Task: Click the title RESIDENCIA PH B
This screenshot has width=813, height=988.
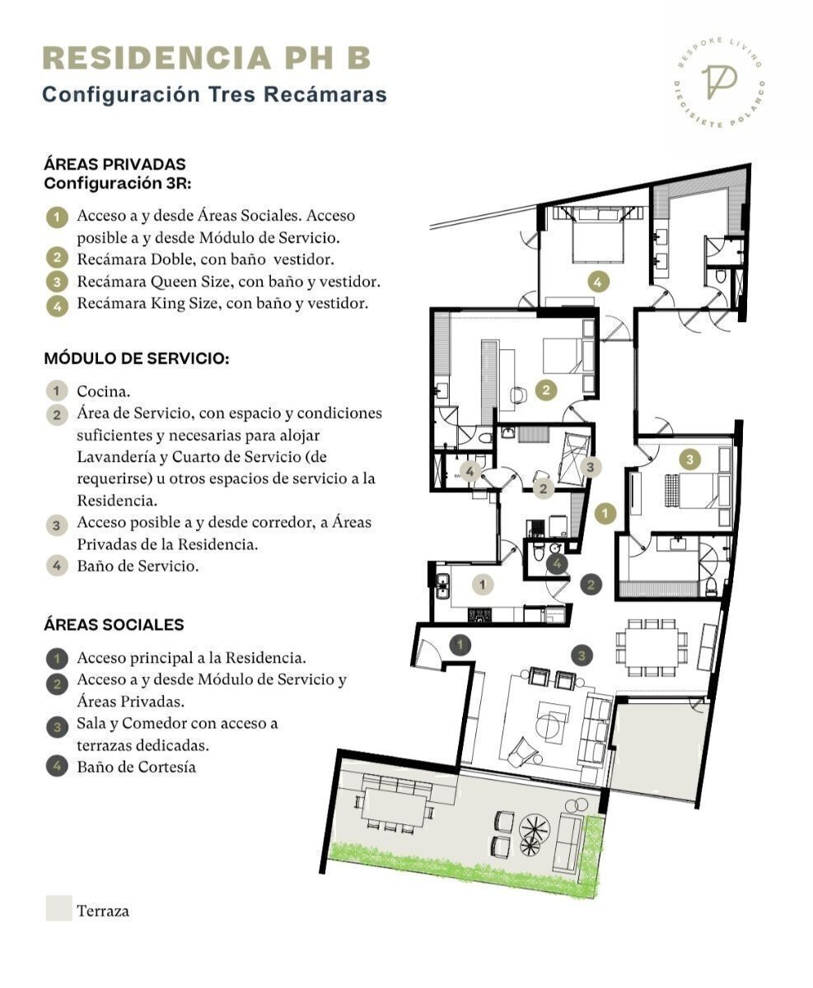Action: click(207, 58)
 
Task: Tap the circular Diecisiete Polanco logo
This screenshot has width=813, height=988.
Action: click(719, 82)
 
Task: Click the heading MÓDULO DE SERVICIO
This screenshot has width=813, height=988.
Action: click(137, 358)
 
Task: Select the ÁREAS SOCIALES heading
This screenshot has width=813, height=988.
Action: click(114, 624)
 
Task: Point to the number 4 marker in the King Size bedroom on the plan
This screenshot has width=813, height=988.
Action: click(597, 282)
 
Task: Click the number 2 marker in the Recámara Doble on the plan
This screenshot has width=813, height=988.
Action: click(546, 389)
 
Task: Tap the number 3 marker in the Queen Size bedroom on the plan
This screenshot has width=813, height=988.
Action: click(689, 459)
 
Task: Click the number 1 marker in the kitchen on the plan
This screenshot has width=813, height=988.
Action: click(483, 585)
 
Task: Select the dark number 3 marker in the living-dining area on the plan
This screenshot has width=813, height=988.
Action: click(582, 655)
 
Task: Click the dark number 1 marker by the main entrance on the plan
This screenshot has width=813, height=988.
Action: click(460, 645)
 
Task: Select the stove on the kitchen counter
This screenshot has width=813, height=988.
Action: click(480, 615)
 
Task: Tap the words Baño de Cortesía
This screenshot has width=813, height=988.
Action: click(137, 767)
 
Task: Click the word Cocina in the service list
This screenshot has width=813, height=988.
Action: click(104, 391)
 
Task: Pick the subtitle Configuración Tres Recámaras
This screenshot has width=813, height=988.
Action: click(215, 94)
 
